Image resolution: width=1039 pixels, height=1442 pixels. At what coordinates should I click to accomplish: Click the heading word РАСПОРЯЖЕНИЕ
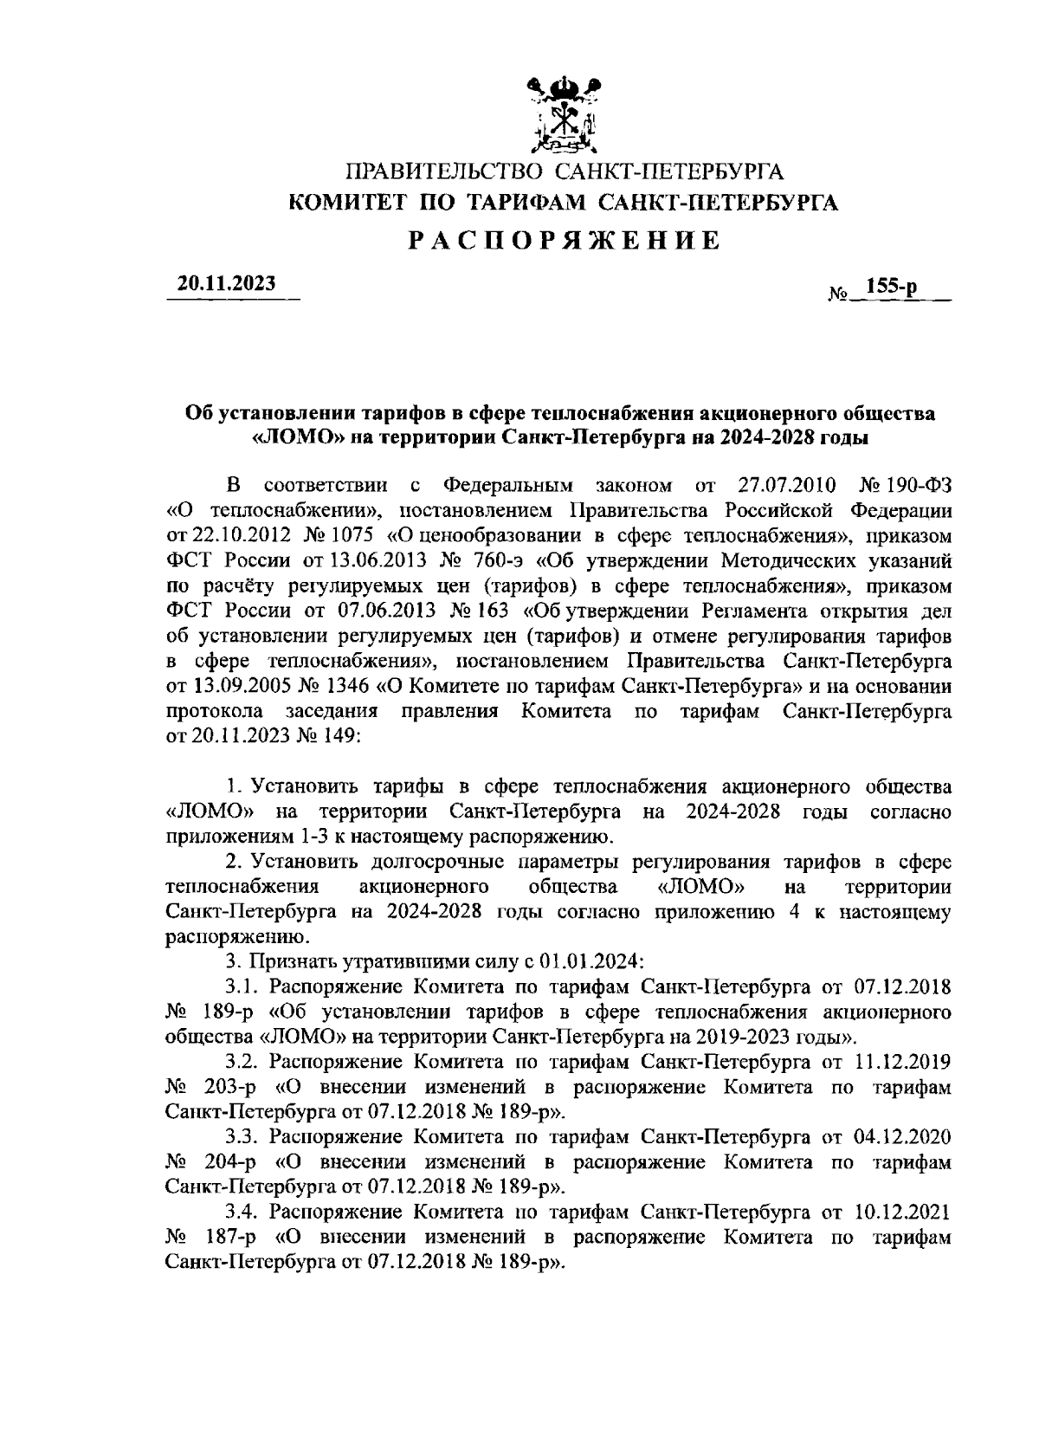tap(564, 240)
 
